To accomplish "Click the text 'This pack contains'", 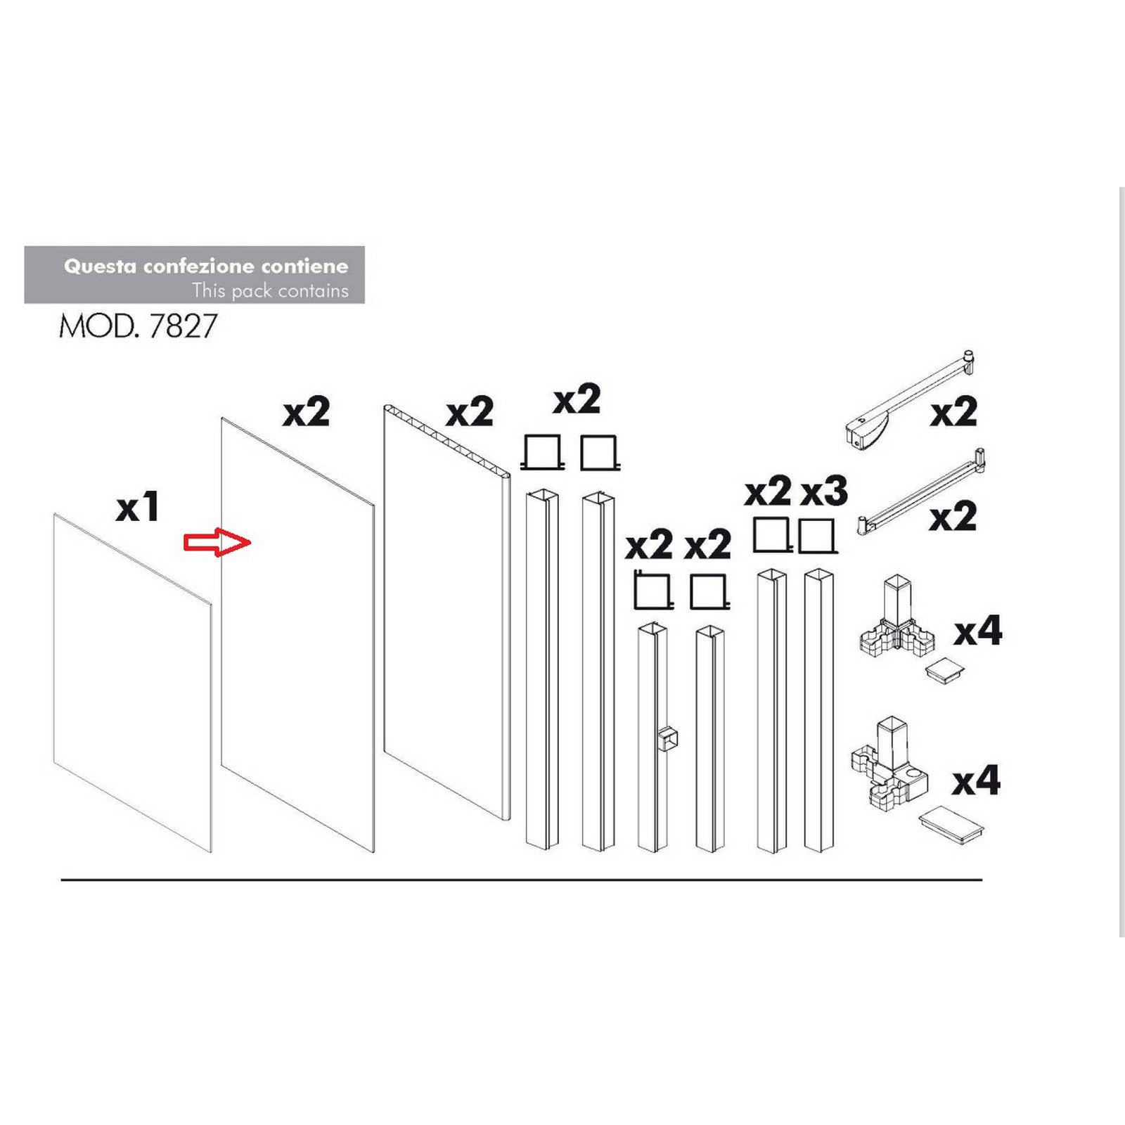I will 270,290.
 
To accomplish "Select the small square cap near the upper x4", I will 944,669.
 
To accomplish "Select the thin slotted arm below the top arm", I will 921,492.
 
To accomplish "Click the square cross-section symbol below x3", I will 817,536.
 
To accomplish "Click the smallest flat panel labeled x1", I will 132,682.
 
